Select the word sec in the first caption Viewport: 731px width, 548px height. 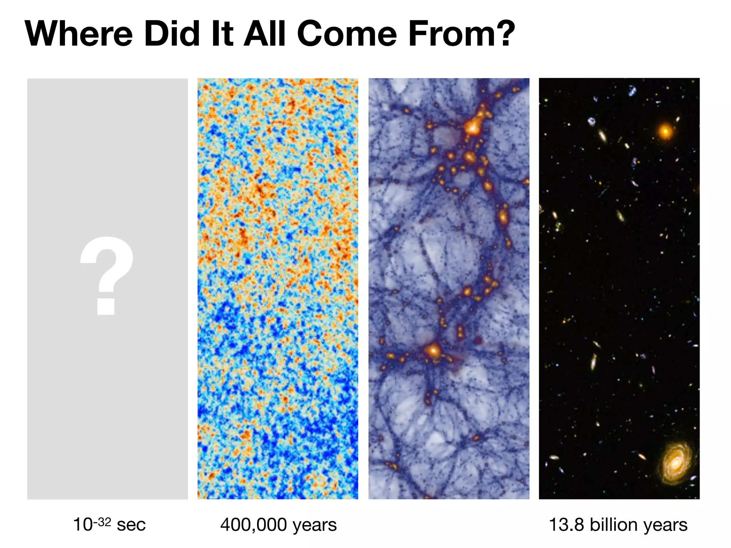pos(131,525)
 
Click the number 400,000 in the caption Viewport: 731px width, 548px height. pos(253,525)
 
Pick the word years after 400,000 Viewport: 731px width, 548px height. pos(314,526)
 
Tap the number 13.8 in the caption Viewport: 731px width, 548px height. pos(566,525)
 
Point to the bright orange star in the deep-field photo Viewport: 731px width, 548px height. pos(665,131)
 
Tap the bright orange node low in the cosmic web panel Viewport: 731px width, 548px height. pos(433,351)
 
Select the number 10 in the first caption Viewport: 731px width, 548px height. pos(82,525)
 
